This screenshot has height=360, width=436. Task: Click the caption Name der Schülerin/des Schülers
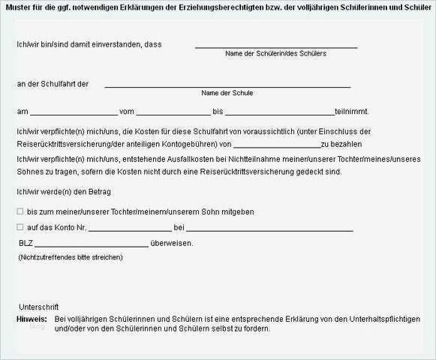point(275,54)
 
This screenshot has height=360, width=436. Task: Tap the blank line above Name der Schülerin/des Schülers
point(275,46)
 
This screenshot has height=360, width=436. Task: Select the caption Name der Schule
point(227,93)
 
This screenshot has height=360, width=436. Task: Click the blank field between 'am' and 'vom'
point(73,113)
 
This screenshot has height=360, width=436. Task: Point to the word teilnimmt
point(352,112)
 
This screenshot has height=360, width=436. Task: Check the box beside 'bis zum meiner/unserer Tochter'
point(20,212)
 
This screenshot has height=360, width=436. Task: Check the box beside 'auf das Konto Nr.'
point(20,227)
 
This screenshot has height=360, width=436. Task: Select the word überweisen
point(172,243)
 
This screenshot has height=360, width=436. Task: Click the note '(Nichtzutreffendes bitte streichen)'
point(71,257)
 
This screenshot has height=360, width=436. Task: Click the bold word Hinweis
point(31,319)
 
